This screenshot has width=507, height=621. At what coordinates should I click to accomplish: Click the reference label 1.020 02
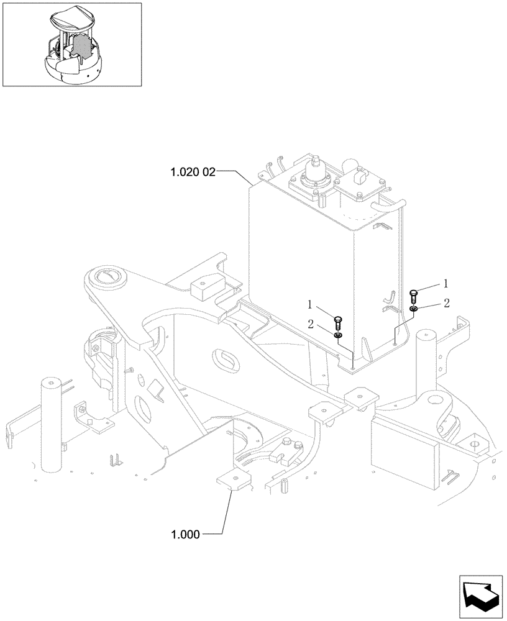tap(192, 172)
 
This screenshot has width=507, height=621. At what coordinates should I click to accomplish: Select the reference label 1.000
tap(185, 533)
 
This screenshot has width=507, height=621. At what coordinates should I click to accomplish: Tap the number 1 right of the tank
tap(445, 283)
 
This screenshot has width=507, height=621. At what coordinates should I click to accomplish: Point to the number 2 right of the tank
tap(445, 302)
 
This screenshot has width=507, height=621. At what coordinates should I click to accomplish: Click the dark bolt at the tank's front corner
tap(338, 322)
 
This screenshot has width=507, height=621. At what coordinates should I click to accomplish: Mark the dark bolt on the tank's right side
tap(414, 294)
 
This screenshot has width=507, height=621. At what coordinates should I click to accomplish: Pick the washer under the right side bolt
tap(414, 308)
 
